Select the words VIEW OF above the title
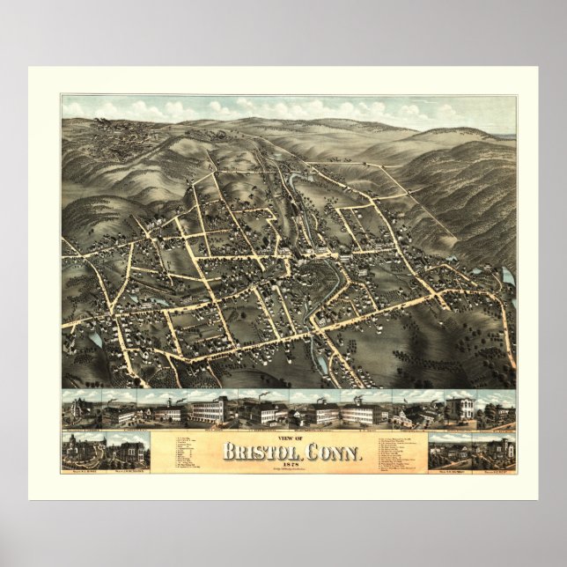pyautogui.click(x=290, y=438)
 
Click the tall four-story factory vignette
pyautogui.click(x=205, y=410)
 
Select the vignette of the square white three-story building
pyautogui.click(x=459, y=409)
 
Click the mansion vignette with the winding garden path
pyautogui.click(x=448, y=453)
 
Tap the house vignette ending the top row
pyautogui.click(x=498, y=410)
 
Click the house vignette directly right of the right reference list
pyautogui.click(x=448, y=453)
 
